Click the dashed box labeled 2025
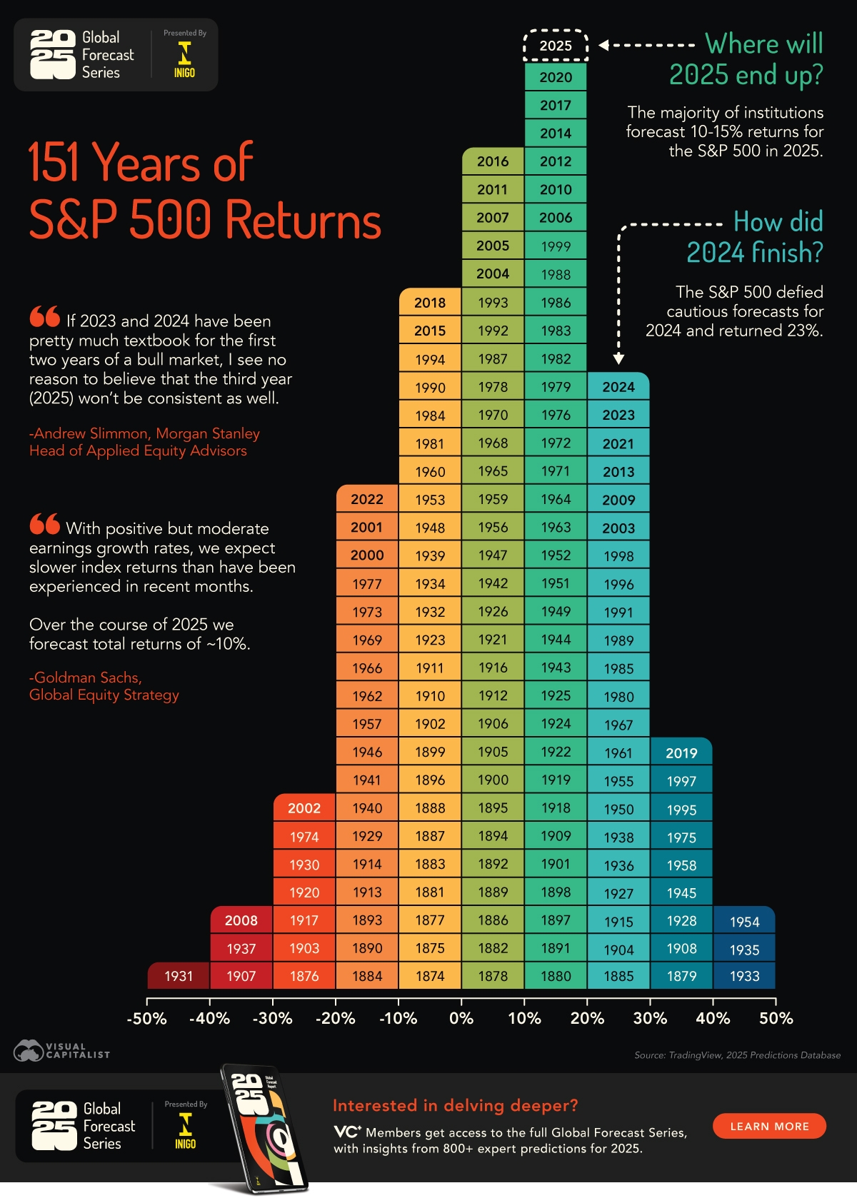(x=556, y=46)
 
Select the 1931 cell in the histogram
(x=179, y=976)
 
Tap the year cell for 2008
(x=241, y=920)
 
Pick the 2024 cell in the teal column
(x=618, y=387)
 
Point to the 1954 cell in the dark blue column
(x=744, y=922)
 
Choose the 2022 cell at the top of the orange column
(x=367, y=499)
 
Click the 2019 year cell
(x=681, y=753)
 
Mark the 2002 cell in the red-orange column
(x=304, y=808)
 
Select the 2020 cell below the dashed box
(x=556, y=77)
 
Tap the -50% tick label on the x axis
(x=146, y=1019)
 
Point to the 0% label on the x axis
(x=461, y=1019)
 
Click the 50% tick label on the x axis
(x=776, y=1019)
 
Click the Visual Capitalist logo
(x=61, y=1050)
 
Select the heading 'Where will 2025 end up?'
(x=746, y=59)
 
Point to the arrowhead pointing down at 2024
(x=618, y=358)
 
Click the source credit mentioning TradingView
(x=737, y=1055)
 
